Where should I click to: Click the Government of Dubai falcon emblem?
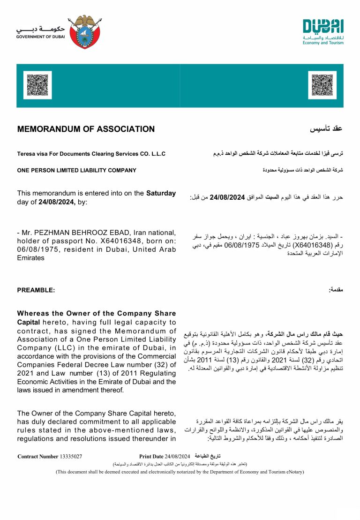(x=84, y=31)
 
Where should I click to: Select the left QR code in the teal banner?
(x=37, y=85)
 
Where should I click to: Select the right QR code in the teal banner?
(x=322, y=85)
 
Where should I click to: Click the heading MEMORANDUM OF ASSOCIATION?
(x=86, y=129)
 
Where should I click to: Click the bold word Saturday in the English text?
(x=161, y=193)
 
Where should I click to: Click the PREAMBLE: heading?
(x=36, y=290)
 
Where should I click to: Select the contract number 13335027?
(x=71, y=456)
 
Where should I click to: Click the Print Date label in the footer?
(x=151, y=456)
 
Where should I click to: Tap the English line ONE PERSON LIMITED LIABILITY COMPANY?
(x=76, y=170)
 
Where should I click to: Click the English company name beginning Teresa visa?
(x=91, y=154)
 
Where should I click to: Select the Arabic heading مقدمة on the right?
(x=336, y=290)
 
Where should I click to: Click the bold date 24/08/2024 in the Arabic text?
(x=228, y=197)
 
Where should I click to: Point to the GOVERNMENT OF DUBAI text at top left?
(x=40, y=37)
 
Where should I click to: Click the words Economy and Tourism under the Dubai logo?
(x=323, y=43)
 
